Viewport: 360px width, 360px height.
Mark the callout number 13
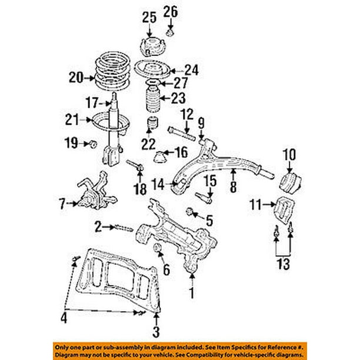coord(284,265)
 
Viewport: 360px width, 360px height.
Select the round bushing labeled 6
coord(158,252)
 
